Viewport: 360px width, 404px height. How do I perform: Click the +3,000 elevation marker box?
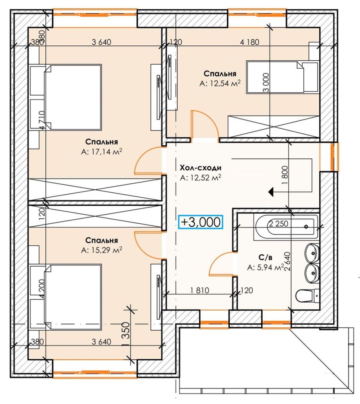click(200, 221)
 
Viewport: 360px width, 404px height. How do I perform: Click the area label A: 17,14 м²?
click(101, 152)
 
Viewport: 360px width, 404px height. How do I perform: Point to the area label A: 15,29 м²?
click(101, 250)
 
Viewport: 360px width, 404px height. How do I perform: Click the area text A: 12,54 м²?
click(220, 83)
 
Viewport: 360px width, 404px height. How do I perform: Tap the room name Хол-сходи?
click(200, 168)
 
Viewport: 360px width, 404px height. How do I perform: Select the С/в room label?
click(265, 258)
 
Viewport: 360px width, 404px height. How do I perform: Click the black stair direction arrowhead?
click(270, 192)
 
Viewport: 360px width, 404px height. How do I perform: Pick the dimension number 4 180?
click(249, 42)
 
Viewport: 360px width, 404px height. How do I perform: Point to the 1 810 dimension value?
click(200, 290)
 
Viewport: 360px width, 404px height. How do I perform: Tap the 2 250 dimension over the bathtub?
click(279, 224)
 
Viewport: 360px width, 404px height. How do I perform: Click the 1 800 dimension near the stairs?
click(285, 175)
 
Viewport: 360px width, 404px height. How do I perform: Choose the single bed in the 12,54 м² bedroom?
click(283, 77)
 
